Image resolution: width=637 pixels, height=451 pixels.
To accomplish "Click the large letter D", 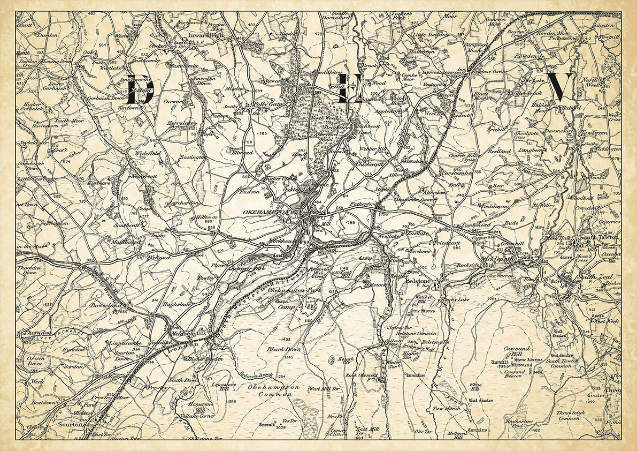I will point(140,91).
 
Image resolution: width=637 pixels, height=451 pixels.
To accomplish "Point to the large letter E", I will point(344,90).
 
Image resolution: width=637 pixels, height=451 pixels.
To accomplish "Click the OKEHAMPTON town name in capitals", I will point(265,213).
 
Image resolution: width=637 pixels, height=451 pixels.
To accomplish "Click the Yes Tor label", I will point(289,420).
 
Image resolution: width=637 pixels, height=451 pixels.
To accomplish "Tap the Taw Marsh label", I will point(447,409).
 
